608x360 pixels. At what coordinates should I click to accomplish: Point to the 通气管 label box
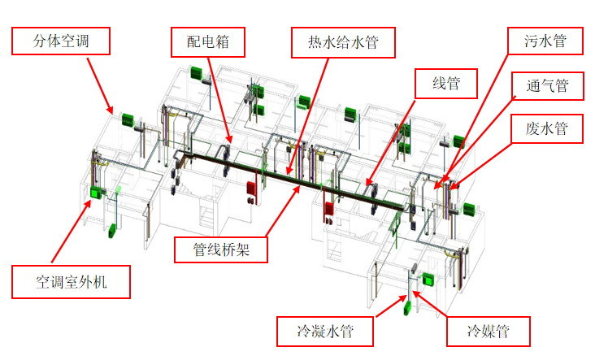pos(547,85)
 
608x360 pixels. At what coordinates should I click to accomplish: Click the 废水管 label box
pos(547,128)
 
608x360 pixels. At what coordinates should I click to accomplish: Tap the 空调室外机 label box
pos(71,283)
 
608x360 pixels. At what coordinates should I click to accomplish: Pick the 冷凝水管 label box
pos(324,331)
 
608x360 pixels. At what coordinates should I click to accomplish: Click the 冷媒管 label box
pos(488,331)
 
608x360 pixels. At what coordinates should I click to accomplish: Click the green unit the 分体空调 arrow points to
pos(126,119)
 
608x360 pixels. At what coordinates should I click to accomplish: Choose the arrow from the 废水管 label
pos(480,158)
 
